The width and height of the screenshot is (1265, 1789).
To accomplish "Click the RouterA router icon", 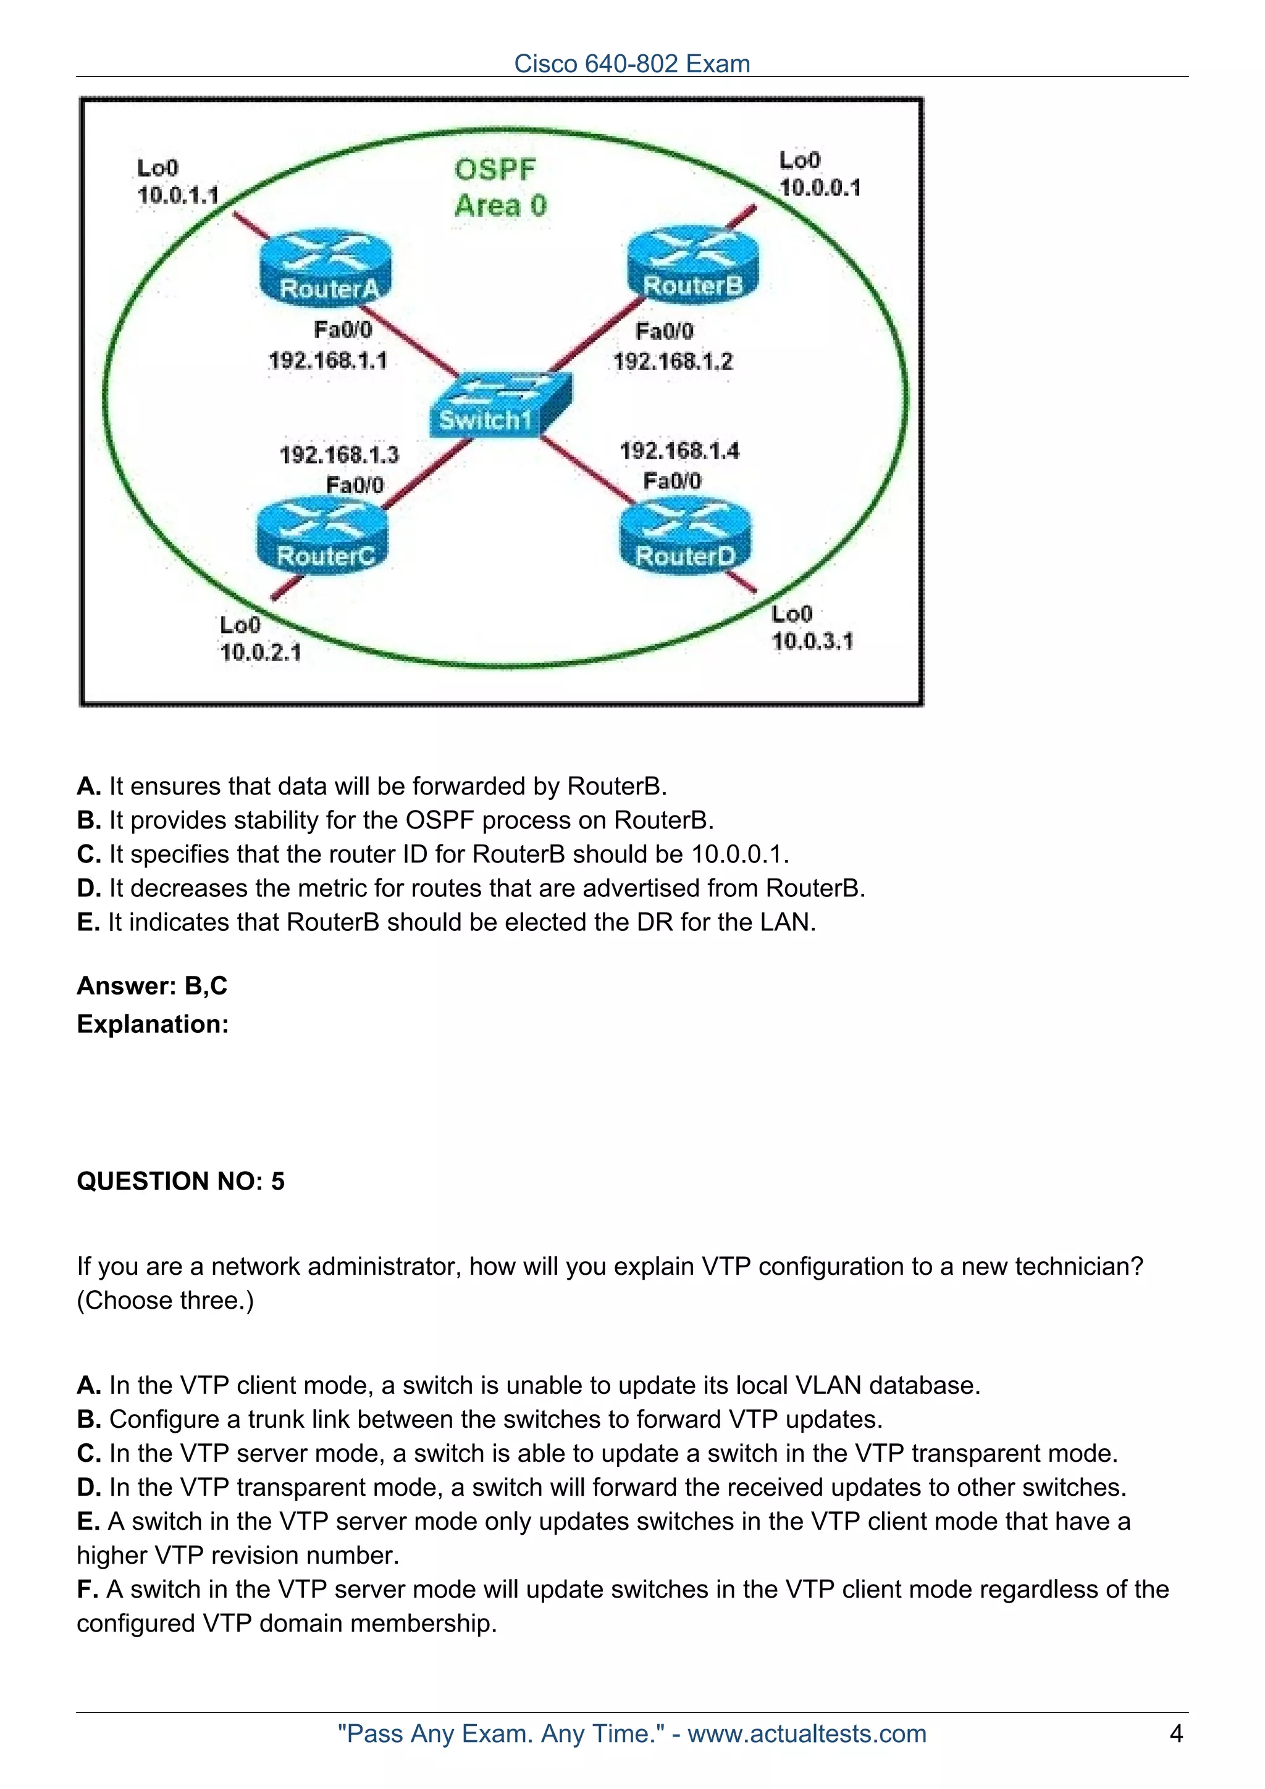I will tap(325, 267).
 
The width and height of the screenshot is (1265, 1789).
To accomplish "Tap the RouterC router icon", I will tap(322, 535).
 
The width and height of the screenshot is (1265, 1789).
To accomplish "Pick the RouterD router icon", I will tap(685, 535).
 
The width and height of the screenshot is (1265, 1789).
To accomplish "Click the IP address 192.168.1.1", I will tap(327, 361).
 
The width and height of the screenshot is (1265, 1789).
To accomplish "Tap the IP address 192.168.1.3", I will tap(339, 454).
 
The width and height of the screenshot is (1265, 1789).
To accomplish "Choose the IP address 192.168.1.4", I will tap(679, 451).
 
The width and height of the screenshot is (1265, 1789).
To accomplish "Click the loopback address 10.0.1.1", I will tap(178, 195).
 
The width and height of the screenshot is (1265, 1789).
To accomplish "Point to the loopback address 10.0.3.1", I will tap(812, 641).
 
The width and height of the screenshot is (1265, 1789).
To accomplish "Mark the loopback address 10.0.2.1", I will tap(260, 652).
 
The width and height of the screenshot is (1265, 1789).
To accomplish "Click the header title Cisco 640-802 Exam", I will tap(632, 63).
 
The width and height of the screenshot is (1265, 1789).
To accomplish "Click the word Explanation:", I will tap(153, 1024).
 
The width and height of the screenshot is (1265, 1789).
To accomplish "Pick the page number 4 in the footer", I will tap(1176, 1733).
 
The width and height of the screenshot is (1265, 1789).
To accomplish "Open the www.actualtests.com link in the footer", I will tap(807, 1733).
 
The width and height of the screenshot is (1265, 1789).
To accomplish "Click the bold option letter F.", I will tap(86, 1590).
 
